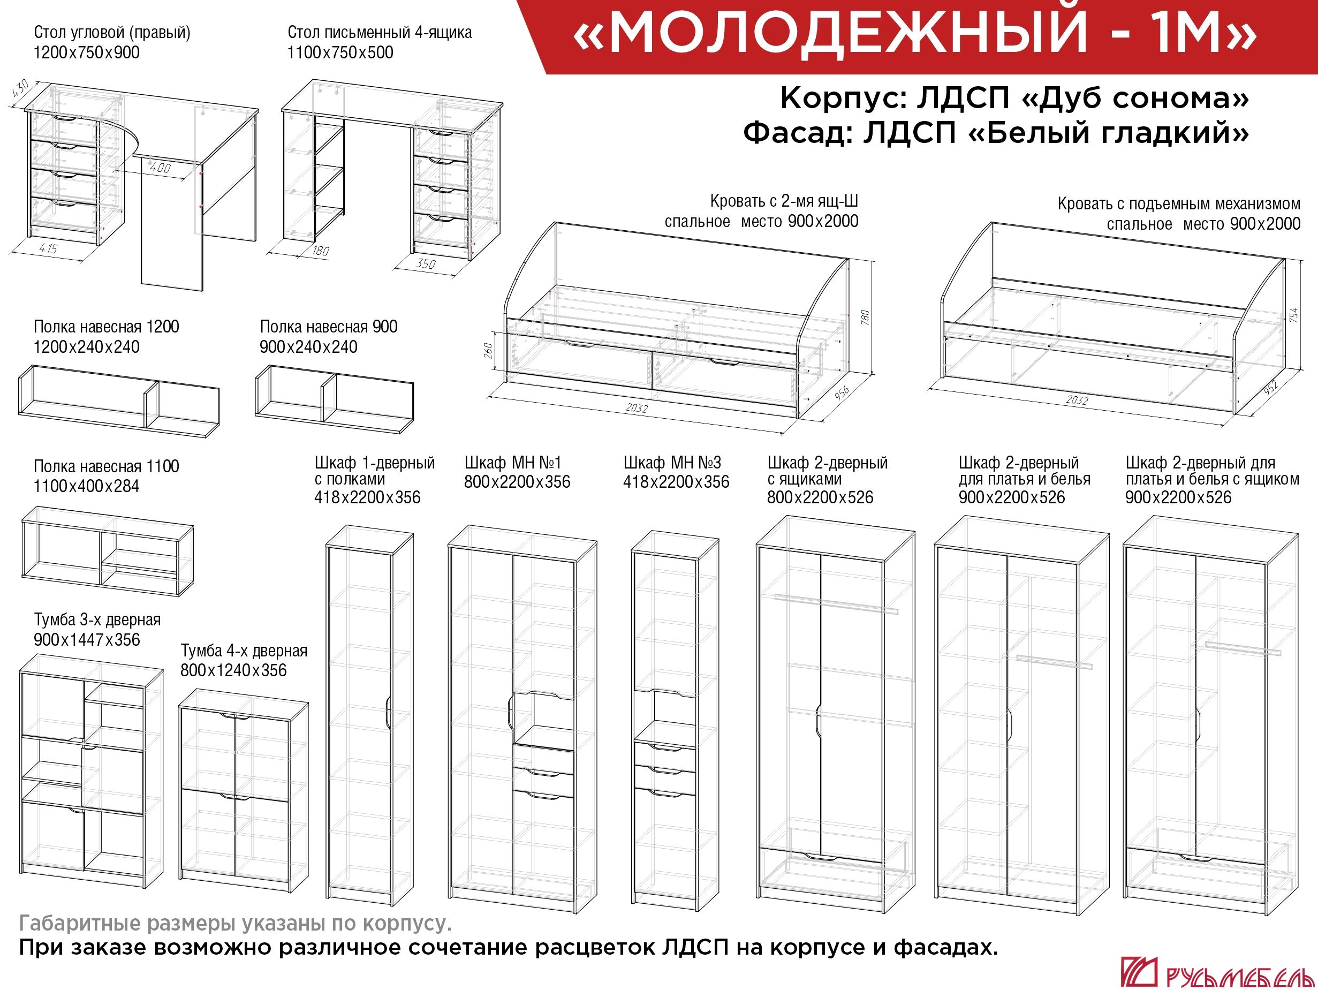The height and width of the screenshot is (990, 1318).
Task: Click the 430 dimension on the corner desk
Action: coord(20,89)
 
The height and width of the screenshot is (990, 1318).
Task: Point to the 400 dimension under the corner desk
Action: coord(160,168)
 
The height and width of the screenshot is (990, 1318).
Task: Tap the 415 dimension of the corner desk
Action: coord(48,248)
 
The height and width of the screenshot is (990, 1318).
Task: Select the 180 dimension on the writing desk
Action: coord(321,251)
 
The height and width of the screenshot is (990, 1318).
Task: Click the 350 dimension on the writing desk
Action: coord(426,263)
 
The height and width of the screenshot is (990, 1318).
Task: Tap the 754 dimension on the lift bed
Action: coord(1293,315)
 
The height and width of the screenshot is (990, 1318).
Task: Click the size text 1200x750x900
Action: coord(86,52)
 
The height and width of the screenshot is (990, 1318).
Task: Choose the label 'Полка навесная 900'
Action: coord(329,327)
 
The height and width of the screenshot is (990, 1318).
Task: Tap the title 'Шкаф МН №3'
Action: coord(672,463)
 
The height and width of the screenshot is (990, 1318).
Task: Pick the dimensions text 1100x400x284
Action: coord(86,486)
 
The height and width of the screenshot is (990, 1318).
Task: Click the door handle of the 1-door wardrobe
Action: coord(388,712)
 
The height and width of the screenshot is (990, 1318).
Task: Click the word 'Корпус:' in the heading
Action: coord(843,99)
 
